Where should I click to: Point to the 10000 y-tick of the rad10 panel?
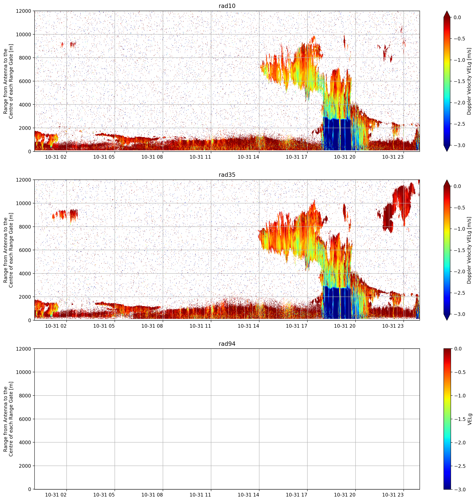pyautogui.click(x=24, y=35)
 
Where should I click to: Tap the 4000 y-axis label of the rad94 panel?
pyautogui.click(x=25, y=442)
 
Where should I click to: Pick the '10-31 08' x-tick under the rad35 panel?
pyautogui.click(x=152, y=326)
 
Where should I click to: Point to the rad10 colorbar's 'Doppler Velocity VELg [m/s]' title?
pyautogui.click(x=469, y=81)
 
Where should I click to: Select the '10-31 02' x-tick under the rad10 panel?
pyautogui.click(x=56, y=157)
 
